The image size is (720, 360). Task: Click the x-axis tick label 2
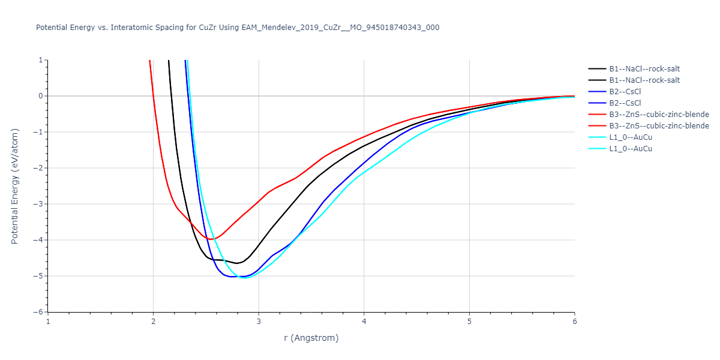click(153, 321)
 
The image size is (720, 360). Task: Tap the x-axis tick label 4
click(364, 321)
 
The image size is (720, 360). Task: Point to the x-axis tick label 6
click(574, 321)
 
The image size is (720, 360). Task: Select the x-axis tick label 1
click(48, 321)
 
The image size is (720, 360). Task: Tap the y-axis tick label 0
click(40, 96)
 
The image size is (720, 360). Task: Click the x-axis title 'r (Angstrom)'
click(311, 338)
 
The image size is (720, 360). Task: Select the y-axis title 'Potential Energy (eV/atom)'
click(16, 186)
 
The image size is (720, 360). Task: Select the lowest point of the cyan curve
click(244, 278)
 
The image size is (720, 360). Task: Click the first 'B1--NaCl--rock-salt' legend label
click(644, 69)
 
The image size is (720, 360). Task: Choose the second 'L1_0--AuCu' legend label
click(631, 149)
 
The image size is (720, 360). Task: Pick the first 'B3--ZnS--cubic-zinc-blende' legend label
click(659, 115)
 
